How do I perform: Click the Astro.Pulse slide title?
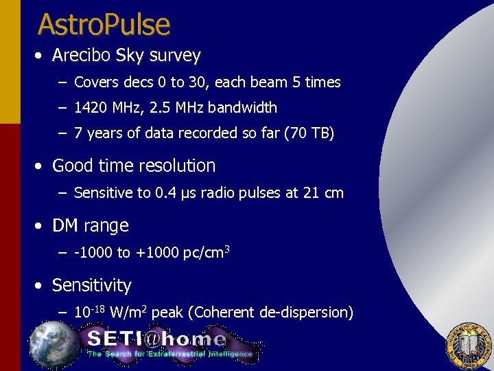[x=104, y=24]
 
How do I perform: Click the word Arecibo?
[x=86, y=55]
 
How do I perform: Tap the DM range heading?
[x=91, y=225]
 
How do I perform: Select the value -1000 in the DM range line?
[x=93, y=253]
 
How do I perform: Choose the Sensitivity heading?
[x=92, y=285]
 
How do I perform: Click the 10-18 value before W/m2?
[x=89, y=312]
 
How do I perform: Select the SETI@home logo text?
[x=156, y=339]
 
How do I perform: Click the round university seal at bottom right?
[x=469, y=344]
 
